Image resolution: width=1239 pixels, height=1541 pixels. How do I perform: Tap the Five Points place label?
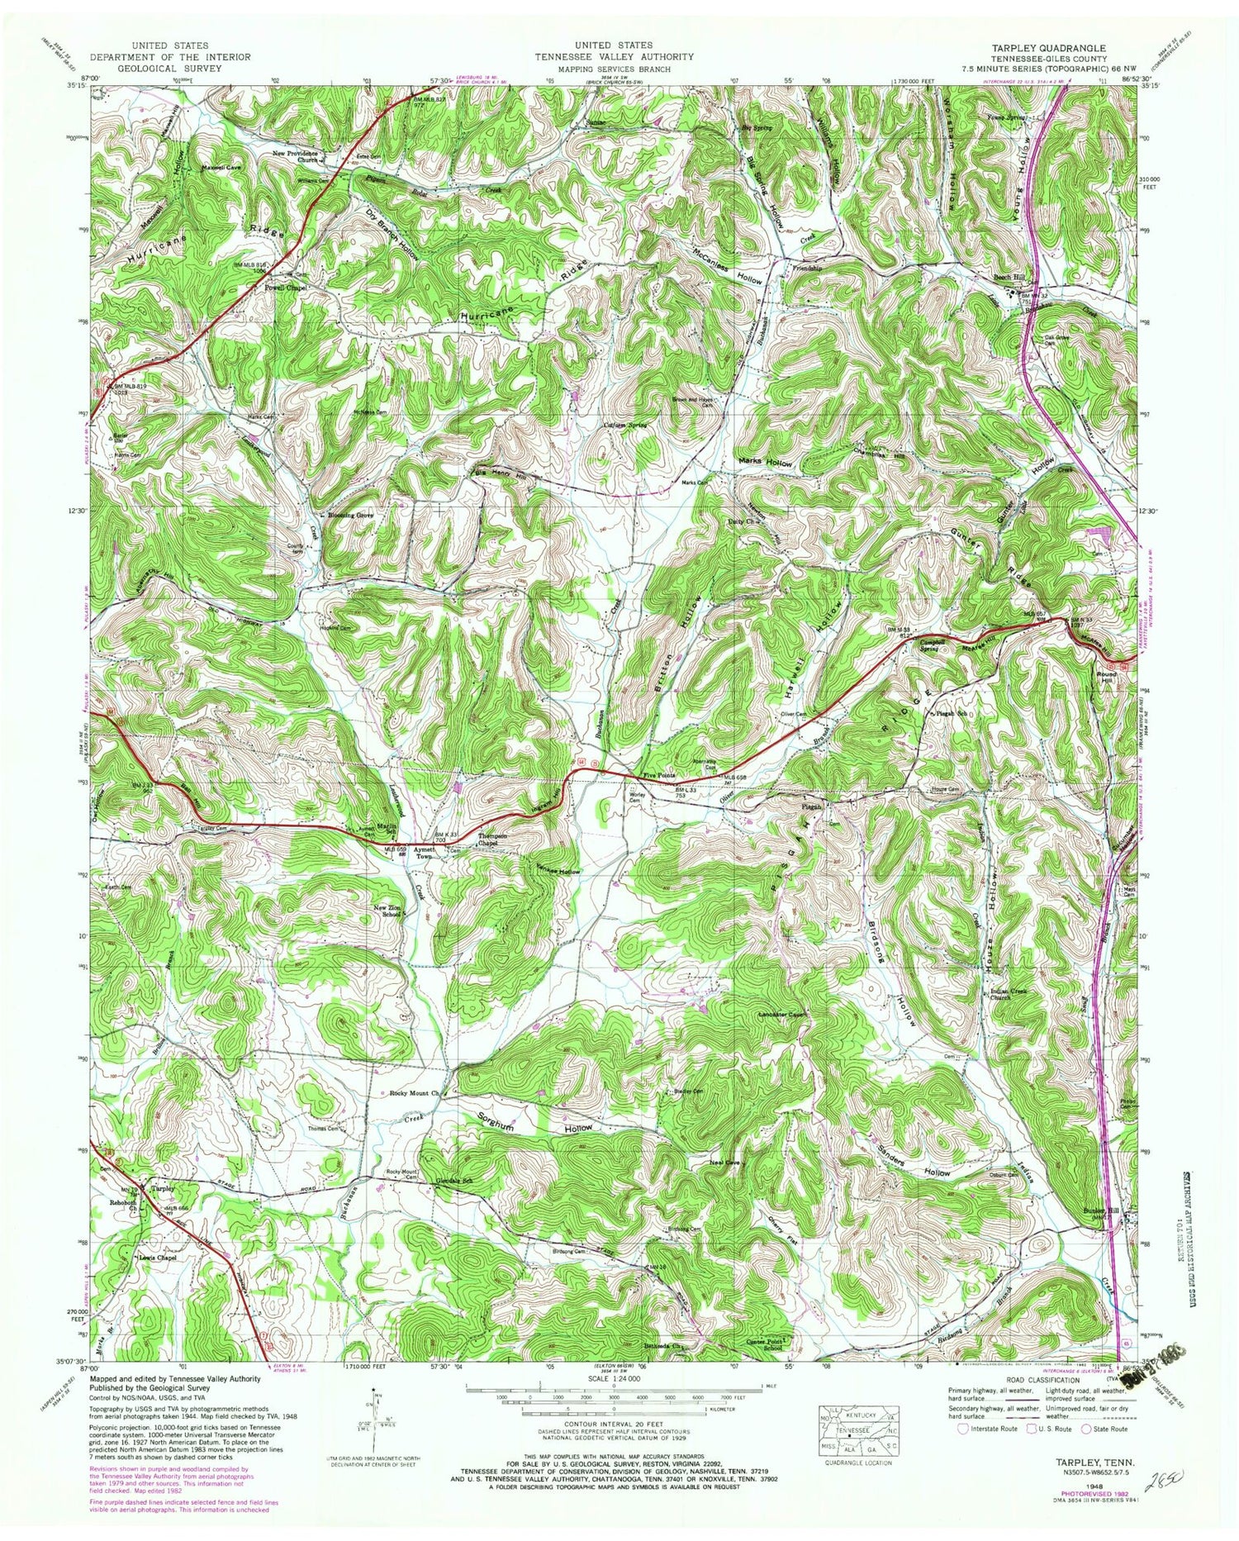pos(658,776)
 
